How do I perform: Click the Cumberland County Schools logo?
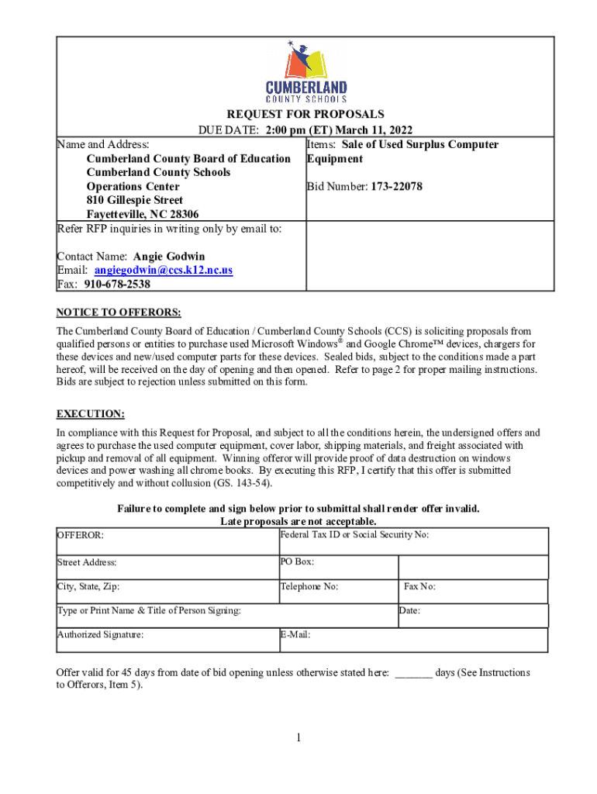click(306, 73)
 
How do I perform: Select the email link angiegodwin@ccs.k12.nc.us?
click(164, 271)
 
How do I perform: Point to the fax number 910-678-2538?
click(117, 285)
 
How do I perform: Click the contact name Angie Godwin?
click(169, 257)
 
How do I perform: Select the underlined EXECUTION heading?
click(91, 414)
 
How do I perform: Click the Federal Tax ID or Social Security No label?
click(354, 535)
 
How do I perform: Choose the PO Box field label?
click(297, 561)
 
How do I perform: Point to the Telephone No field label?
click(309, 587)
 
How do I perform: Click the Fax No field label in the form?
click(419, 587)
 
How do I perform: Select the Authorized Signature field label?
click(101, 635)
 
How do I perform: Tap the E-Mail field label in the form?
click(295, 635)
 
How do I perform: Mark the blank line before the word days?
click(413, 673)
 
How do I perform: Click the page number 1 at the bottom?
click(298, 738)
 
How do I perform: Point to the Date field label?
click(409, 611)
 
